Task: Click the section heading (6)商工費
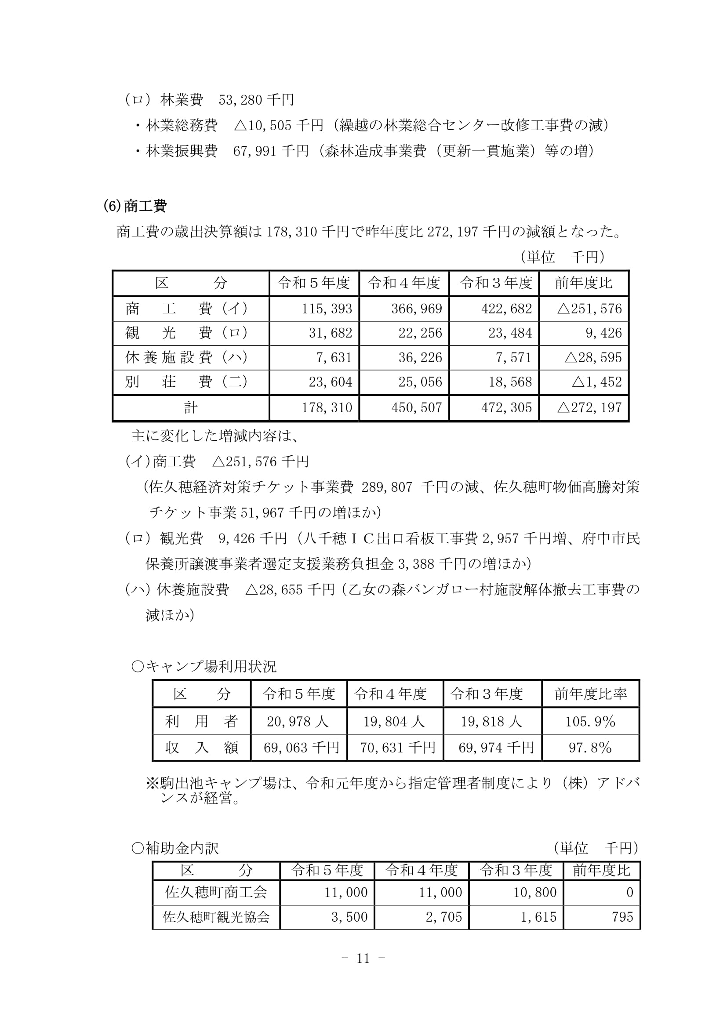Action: point(135,206)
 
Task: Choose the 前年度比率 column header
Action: point(590,694)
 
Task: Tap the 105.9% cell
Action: point(590,721)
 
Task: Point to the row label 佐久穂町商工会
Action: point(216,892)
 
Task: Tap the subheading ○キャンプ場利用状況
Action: point(204,667)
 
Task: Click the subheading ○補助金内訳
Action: point(175,848)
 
